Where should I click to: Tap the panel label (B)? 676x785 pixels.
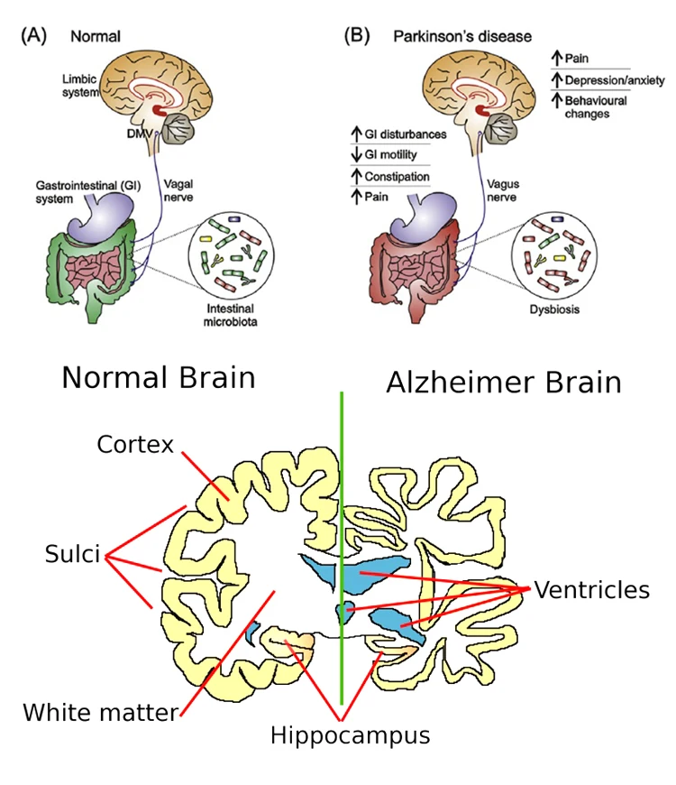click(x=358, y=36)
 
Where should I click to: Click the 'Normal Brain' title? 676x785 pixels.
click(x=159, y=376)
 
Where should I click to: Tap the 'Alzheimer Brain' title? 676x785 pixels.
click(x=504, y=382)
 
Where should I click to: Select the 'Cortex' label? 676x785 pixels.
click(x=134, y=444)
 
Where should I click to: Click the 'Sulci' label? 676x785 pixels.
click(x=72, y=554)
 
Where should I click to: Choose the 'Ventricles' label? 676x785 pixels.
click(x=591, y=590)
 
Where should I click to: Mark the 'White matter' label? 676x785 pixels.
click(x=100, y=713)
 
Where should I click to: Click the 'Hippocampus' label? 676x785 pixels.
click(x=350, y=734)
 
